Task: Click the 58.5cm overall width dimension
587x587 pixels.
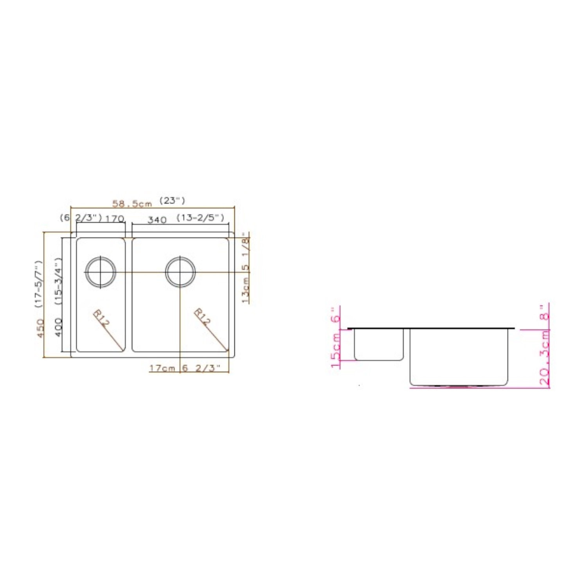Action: click(x=132, y=204)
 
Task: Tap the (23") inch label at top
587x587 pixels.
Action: click(x=172, y=201)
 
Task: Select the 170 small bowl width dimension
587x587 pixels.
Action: click(x=115, y=219)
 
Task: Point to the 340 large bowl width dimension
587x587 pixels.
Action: click(x=157, y=220)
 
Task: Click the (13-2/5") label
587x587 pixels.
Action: click(x=200, y=218)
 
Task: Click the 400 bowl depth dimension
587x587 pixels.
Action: click(x=58, y=327)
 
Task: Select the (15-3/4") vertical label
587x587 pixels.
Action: click(x=58, y=281)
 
